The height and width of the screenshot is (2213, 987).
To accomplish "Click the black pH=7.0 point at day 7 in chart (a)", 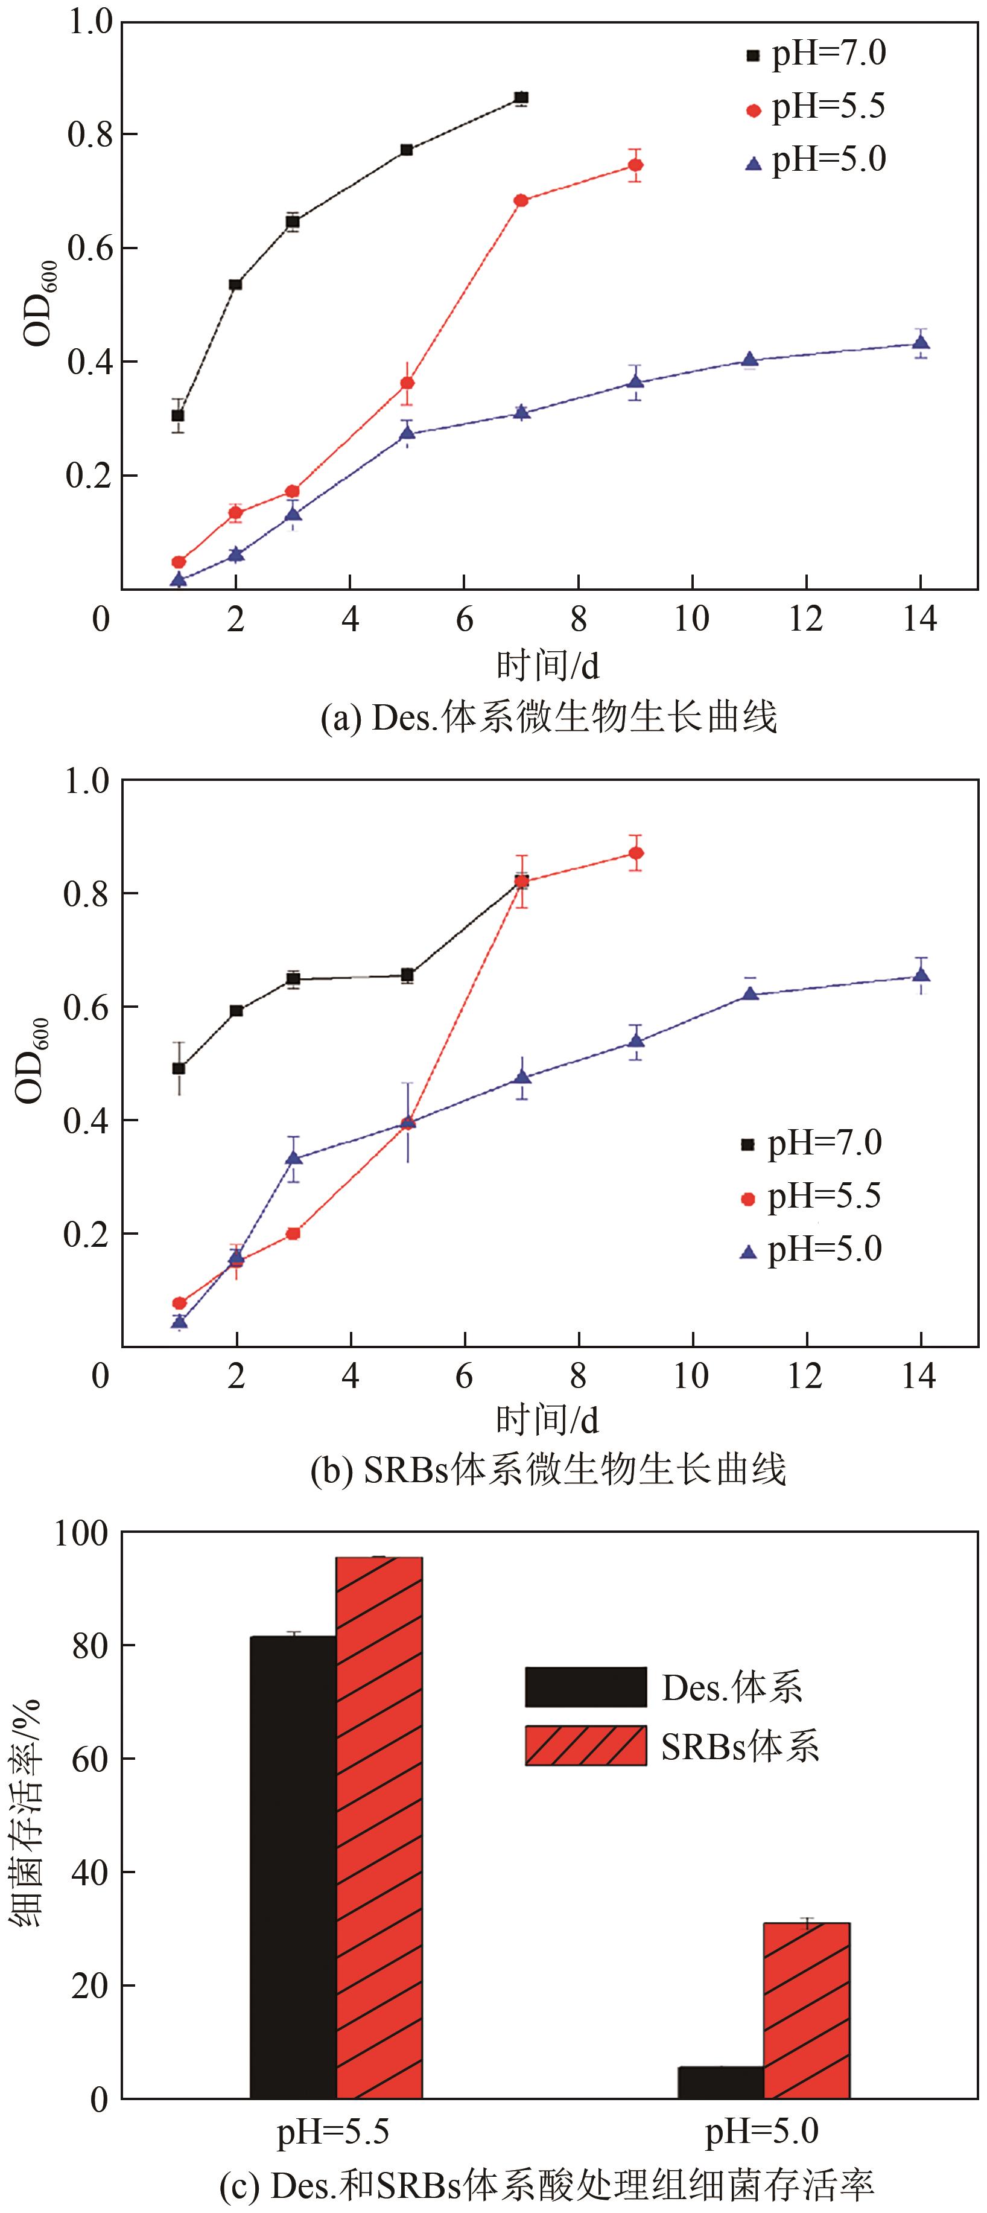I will tap(521, 98).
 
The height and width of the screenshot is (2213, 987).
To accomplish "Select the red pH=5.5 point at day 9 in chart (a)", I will tap(635, 165).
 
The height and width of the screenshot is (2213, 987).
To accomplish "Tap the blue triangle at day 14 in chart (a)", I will tap(920, 343).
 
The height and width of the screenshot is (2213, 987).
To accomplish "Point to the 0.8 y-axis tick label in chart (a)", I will tap(89, 134).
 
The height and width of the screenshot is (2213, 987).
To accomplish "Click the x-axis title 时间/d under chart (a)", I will tap(547, 665).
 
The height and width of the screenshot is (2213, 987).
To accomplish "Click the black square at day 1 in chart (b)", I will tap(179, 1068).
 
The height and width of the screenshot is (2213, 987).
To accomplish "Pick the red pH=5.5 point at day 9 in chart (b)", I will tap(635, 853).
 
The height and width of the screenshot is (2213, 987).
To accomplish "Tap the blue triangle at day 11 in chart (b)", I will tap(749, 994).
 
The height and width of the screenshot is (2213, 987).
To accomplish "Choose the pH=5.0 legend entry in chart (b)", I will tap(812, 1250).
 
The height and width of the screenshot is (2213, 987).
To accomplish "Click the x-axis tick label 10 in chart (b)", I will tap(691, 1376).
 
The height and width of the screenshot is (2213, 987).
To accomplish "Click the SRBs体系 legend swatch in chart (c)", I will tap(585, 1746).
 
